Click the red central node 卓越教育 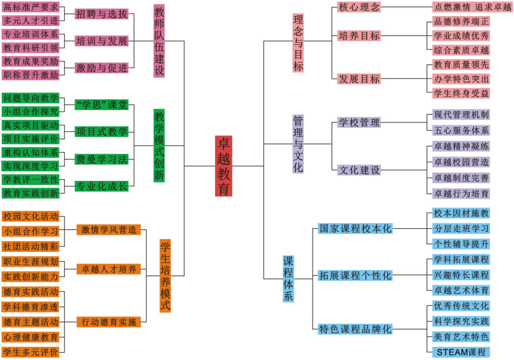[223, 166]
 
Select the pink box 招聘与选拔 [102, 14]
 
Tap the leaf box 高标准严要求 [31, 7]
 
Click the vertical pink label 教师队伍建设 [159, 41]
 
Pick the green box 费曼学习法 [102, 160]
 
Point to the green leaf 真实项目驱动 [31, 125]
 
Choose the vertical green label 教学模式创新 [159, 145]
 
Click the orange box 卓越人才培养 [109, 269]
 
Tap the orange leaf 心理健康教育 [31, 337]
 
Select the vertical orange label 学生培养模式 [165, 275]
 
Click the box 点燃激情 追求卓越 [473, 7]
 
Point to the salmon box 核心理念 [359, 7]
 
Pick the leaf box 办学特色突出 [461, 79]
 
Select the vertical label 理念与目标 [298, 43]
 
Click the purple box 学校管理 [359, 122]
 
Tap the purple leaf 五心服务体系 [461, 131]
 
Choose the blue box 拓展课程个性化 [355, 275]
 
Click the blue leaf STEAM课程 [461, 352]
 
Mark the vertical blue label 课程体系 [288, 278]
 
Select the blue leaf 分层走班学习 [461, 229]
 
